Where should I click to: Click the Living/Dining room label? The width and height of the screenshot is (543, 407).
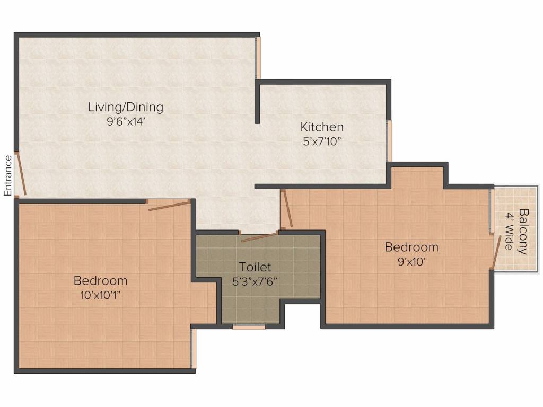click(x=126, y=107)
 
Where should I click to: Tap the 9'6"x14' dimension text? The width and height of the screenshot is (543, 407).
click(x=125, y=122)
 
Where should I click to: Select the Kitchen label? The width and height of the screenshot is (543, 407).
click(x=322, y=127)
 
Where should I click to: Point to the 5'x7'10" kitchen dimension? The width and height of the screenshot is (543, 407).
click(x=322, y=141)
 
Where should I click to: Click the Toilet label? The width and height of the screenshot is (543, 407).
click(x=255, y=267)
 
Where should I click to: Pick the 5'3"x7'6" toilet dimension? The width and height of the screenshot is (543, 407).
click(x=255, y=282)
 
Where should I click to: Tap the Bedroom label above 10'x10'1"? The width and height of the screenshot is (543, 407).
click(x=100, y=280)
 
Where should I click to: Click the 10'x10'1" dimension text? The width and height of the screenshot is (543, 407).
click(x=100, y=296)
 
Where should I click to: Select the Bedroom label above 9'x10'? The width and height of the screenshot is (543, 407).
click(x=411, y=247)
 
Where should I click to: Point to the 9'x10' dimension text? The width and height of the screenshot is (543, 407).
click(x=411, y=262)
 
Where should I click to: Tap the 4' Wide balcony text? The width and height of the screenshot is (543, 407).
click(x=509, y=231)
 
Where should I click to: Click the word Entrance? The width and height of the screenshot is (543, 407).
click(x=8, y=176)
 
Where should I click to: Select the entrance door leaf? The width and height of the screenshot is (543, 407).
click(x=21, y=173)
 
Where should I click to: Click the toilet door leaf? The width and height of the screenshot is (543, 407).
click(x=259, y=237)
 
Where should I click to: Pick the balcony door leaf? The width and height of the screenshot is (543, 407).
click(x=496, y=252)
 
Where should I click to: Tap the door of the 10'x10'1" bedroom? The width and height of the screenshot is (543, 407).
click(x=169, y=205)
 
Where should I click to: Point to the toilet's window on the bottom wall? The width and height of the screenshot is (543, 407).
click(x=249, y=326)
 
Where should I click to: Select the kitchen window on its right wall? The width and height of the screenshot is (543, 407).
click(x=389, y=140)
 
